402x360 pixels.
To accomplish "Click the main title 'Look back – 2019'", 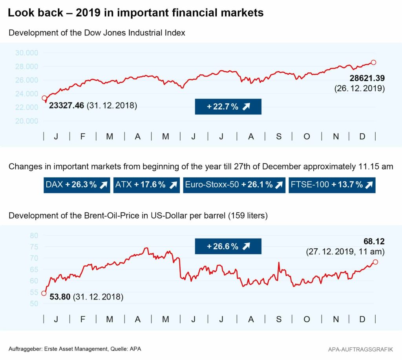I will point(135,13).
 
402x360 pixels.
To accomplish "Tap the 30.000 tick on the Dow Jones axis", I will point(27,53).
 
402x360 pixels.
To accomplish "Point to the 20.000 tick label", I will point(27,121).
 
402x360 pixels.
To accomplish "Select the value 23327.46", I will point(66,106).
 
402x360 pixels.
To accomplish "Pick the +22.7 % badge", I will point(228,107).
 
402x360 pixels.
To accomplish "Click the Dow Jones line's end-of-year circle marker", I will point(373,62).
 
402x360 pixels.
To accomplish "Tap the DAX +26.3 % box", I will point(77,185).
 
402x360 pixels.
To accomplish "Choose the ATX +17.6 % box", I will point(146,185).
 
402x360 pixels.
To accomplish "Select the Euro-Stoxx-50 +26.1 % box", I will point(234,185).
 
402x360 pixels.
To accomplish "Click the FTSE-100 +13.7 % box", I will point(332,185).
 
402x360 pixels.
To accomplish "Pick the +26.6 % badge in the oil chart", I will point(228,246).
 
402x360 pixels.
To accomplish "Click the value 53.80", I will point(60,297).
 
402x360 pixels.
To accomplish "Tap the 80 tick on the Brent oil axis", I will point(34,235).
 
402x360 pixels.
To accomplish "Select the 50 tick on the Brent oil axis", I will point(34,303).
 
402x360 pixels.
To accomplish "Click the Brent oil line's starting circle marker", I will point(44,293).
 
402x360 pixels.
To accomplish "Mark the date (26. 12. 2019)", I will point(359,89).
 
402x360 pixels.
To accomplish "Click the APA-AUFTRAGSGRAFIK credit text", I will point(361,349).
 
